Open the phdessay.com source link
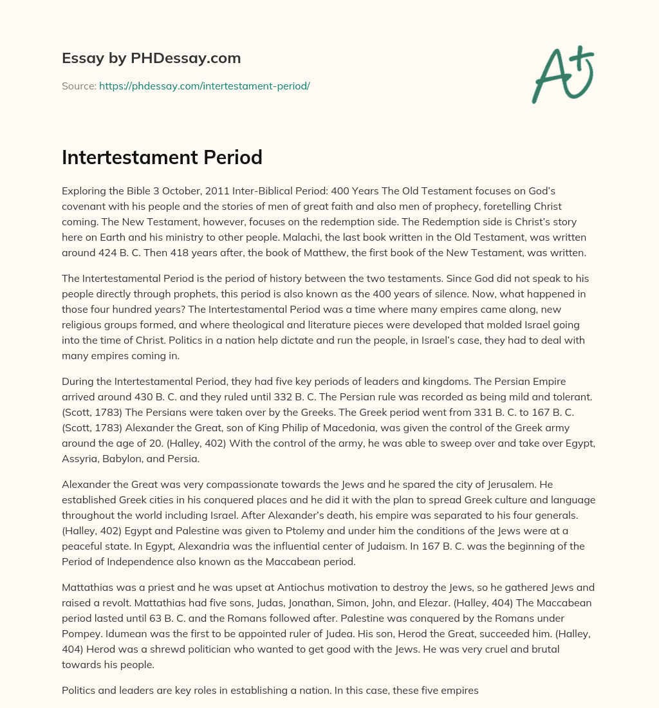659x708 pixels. pyautogui.click(x=204, y=86)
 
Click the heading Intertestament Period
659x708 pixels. pyautogui.click(x=162, y=157)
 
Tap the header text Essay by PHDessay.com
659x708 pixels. pyautogui.click(x=151, y=59)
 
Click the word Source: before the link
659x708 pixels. pyautogui.click(x=79, y=86)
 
